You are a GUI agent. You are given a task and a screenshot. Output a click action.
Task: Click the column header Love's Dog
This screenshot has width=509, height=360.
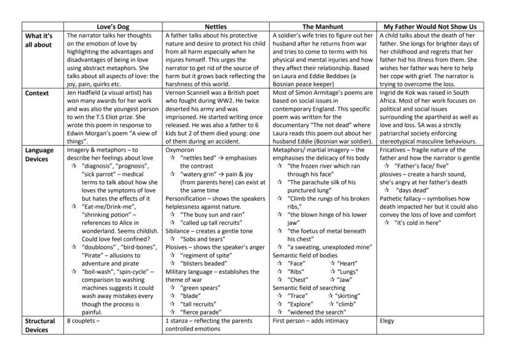pos(114,27)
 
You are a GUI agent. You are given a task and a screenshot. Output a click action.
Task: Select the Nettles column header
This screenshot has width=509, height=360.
pos(216,27)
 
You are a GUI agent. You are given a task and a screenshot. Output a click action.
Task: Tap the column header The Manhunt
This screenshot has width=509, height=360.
pos(322,27)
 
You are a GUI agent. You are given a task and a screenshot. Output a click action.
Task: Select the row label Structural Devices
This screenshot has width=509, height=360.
pos(41,325)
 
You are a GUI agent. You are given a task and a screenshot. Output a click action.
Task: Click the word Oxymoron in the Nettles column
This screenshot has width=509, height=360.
pos(183,150)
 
